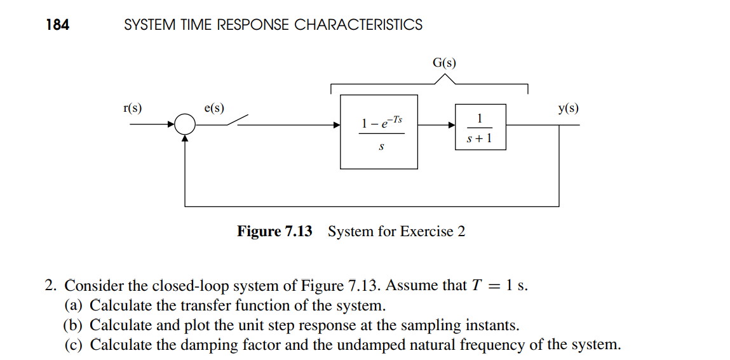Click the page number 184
[58, 25]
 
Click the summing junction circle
[184, 124]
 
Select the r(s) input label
[132, 108]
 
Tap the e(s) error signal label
[213, 108]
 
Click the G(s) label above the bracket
[444, 63]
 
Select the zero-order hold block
[379, 132]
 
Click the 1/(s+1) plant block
[480, 127]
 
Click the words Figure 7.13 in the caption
[274, 231]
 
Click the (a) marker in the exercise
[74, 305]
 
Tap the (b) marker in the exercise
[74, 326]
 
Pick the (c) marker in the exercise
[74, 345]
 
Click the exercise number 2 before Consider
[50, 286]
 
